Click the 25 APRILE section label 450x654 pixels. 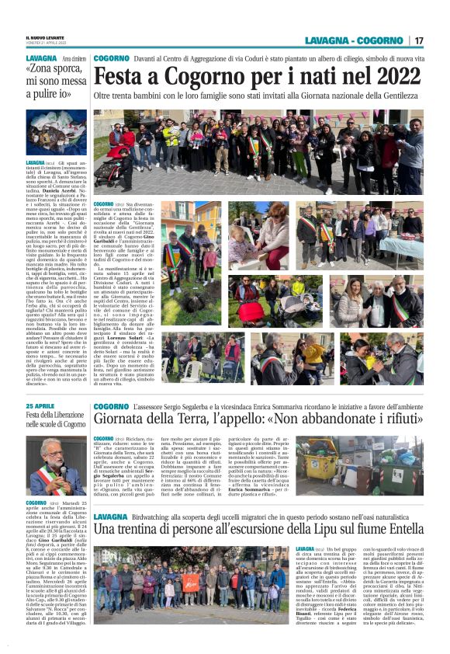point(40,405)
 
